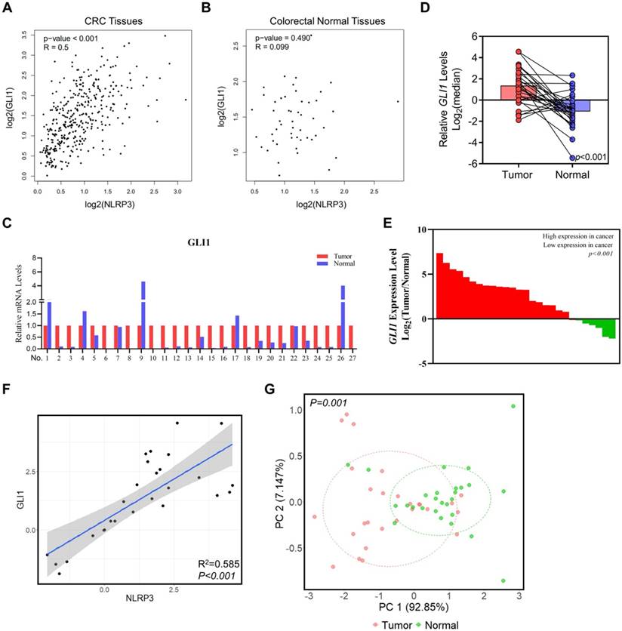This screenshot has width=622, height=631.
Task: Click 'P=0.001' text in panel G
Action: pyautogui.click(x=328, y=405)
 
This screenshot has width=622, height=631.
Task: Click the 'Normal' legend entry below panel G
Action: pyautogui.click(x=442, y=623)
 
